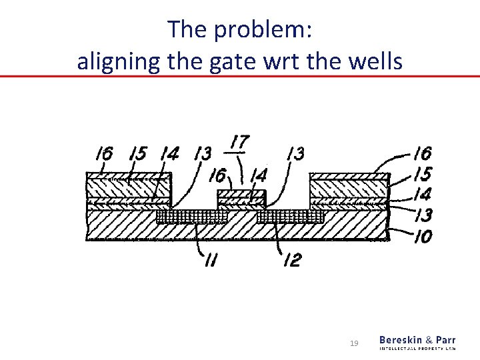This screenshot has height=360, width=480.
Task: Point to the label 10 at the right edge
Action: point(421,236)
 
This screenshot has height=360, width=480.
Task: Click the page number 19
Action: point(355,343)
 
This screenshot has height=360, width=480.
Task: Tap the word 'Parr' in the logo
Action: point(445,340)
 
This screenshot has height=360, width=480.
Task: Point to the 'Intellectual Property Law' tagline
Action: point(418,349)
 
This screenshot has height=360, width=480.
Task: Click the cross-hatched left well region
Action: point(192,217)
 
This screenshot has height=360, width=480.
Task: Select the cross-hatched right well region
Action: point(290,217)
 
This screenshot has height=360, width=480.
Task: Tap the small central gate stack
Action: point(241,198)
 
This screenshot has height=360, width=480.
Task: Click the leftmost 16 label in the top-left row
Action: point(103,155)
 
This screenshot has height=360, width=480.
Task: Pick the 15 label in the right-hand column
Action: point(421,175)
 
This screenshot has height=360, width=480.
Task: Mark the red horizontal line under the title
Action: point(240,77)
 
